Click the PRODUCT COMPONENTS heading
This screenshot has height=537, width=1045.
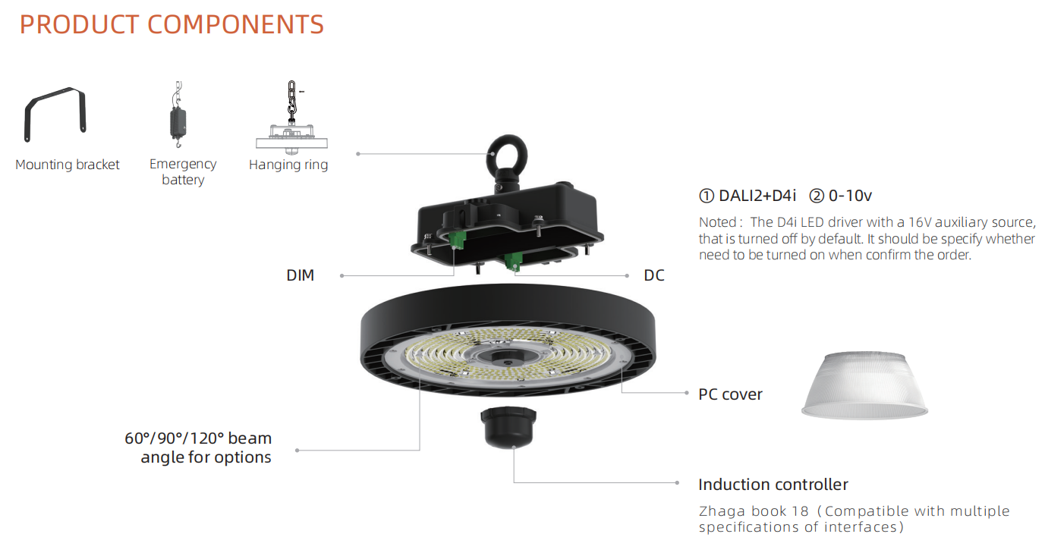pos(172,25)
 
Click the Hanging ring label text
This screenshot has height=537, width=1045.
pos(288,165)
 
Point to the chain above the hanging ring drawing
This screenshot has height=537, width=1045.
pos(291,100)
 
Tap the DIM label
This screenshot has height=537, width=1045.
pos(300,275)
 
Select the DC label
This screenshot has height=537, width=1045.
pos(654,275)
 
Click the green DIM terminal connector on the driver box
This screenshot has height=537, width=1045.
pos(457,240)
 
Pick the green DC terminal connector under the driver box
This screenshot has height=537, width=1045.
pos(513,262)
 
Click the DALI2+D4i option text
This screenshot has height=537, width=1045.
pos(748,196)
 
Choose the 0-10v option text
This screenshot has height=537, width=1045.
pos(841,196)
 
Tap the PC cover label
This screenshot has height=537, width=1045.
pos(730,394)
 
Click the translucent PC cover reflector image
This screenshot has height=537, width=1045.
pos(864,386)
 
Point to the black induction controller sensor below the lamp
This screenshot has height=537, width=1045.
pos(508,427)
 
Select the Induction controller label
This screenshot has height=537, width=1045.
pos(773,485)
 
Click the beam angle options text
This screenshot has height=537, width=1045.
pos(198,447)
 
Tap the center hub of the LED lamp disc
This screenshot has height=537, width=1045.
pos(507,357)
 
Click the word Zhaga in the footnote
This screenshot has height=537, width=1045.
pos(722,511)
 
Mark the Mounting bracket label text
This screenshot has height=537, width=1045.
pos(68,165)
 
